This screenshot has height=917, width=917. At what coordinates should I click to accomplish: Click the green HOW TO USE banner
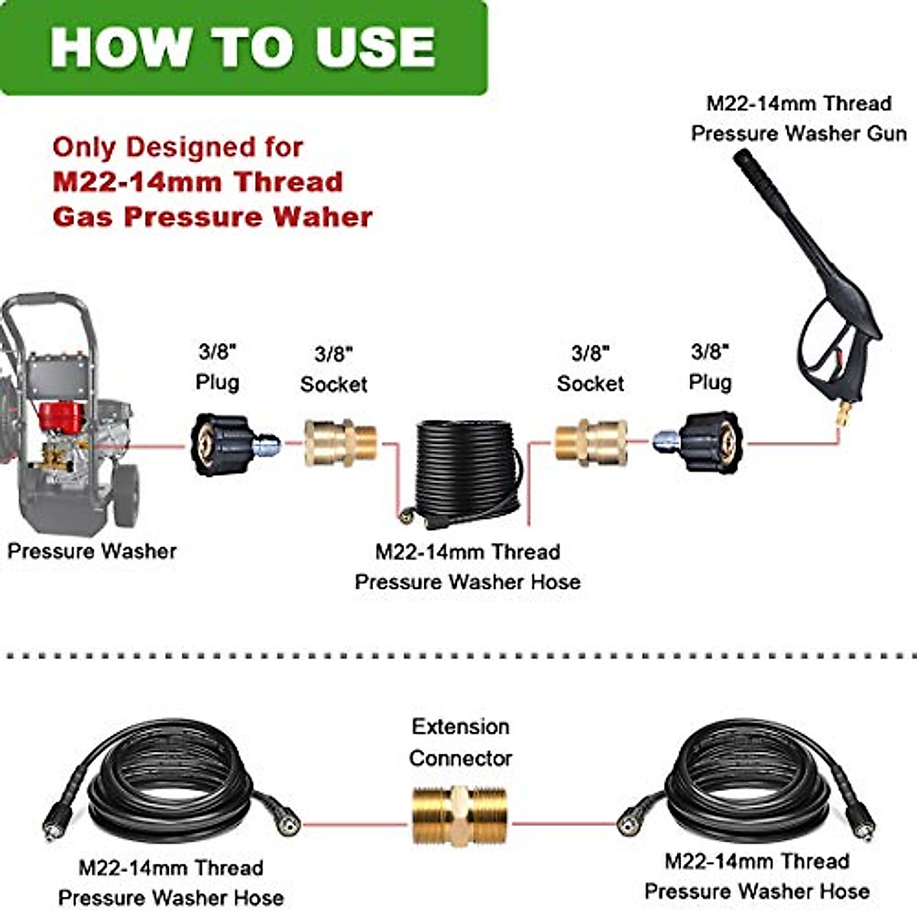coord(243,47)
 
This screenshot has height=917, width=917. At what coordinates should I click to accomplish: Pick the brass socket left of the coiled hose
coord(340,442)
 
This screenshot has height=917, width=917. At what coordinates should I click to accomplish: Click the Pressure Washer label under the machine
coord(92,551)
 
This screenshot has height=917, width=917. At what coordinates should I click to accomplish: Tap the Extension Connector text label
coord(460,742)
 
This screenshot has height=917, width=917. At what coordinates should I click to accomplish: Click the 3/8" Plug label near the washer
coord(217,367)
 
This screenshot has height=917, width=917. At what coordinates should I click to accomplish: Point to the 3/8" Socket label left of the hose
coord(333,369)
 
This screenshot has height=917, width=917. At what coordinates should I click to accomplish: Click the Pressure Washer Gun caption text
coord(799,134)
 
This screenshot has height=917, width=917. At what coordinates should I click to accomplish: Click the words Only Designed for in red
coord(177,147)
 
